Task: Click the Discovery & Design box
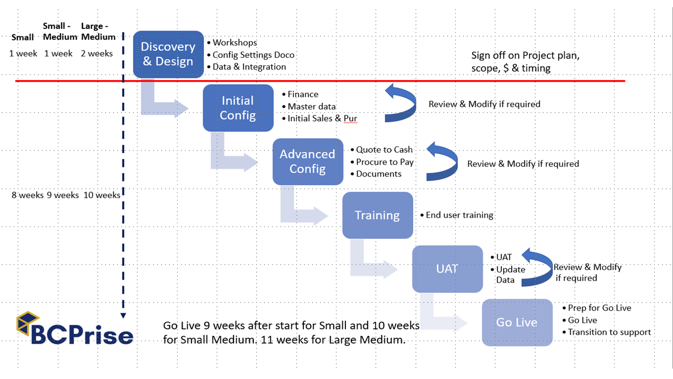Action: [168, 54]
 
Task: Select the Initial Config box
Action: [238, 108]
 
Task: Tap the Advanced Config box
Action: [308, 162]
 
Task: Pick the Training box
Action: [378, 215]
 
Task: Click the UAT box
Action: [447, 268]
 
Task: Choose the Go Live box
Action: [517, 322]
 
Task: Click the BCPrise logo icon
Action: [28, 322]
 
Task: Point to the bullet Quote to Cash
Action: [384, 150]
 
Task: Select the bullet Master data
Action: [312, 106]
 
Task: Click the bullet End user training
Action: [460, 215]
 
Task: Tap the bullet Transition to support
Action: [609, 332]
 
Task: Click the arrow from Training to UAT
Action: [371, 263]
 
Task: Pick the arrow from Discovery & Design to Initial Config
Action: [160, 102]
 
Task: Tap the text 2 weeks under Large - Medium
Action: [97, 53]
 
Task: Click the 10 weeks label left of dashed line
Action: [102, 195]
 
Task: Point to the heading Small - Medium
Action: [58, 31]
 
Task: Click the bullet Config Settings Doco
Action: [253, 55]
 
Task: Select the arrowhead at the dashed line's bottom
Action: [123, 315]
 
